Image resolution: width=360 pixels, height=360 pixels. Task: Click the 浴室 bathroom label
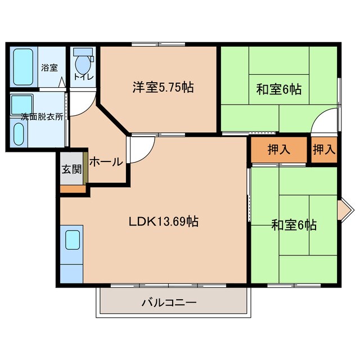click(x=49, y=68)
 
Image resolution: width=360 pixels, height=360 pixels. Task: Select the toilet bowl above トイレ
click(x=83, y=61)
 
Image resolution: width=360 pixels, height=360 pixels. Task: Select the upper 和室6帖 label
click(x=279, y=88)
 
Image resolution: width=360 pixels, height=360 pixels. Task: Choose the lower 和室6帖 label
click(x=294, y=226)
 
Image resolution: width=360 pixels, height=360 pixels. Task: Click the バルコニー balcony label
click(x=169, y=303)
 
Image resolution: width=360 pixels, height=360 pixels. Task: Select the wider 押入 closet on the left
click(x=278, y=150)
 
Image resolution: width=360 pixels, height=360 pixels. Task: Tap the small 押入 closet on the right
click(x=324, y=150)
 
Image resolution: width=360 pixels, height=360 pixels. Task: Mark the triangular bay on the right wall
click(x=344, y=209)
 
